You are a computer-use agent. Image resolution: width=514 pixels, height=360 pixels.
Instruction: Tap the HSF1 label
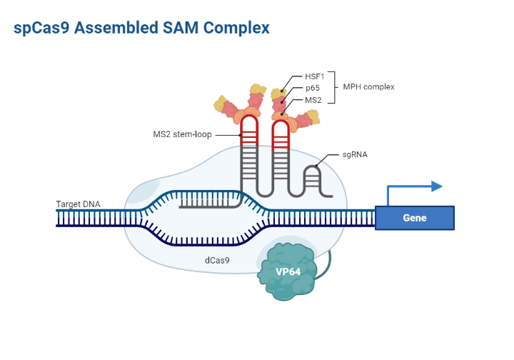315,76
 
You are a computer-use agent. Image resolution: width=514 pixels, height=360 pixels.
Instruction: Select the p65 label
312,88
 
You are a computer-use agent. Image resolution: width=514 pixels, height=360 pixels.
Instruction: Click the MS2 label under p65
313,100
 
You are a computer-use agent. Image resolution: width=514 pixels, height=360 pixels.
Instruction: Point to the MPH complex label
368,87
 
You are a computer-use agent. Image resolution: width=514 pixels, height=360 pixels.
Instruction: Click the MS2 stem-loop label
182,134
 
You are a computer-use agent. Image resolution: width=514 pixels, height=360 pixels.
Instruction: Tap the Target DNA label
79,204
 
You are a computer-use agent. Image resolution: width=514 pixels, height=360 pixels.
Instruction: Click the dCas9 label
217,260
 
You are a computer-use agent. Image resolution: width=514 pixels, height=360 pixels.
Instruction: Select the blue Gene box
414,218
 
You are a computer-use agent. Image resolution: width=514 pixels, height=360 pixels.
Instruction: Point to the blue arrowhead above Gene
435,187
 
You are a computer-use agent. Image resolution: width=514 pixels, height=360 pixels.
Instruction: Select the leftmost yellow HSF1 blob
221,106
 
